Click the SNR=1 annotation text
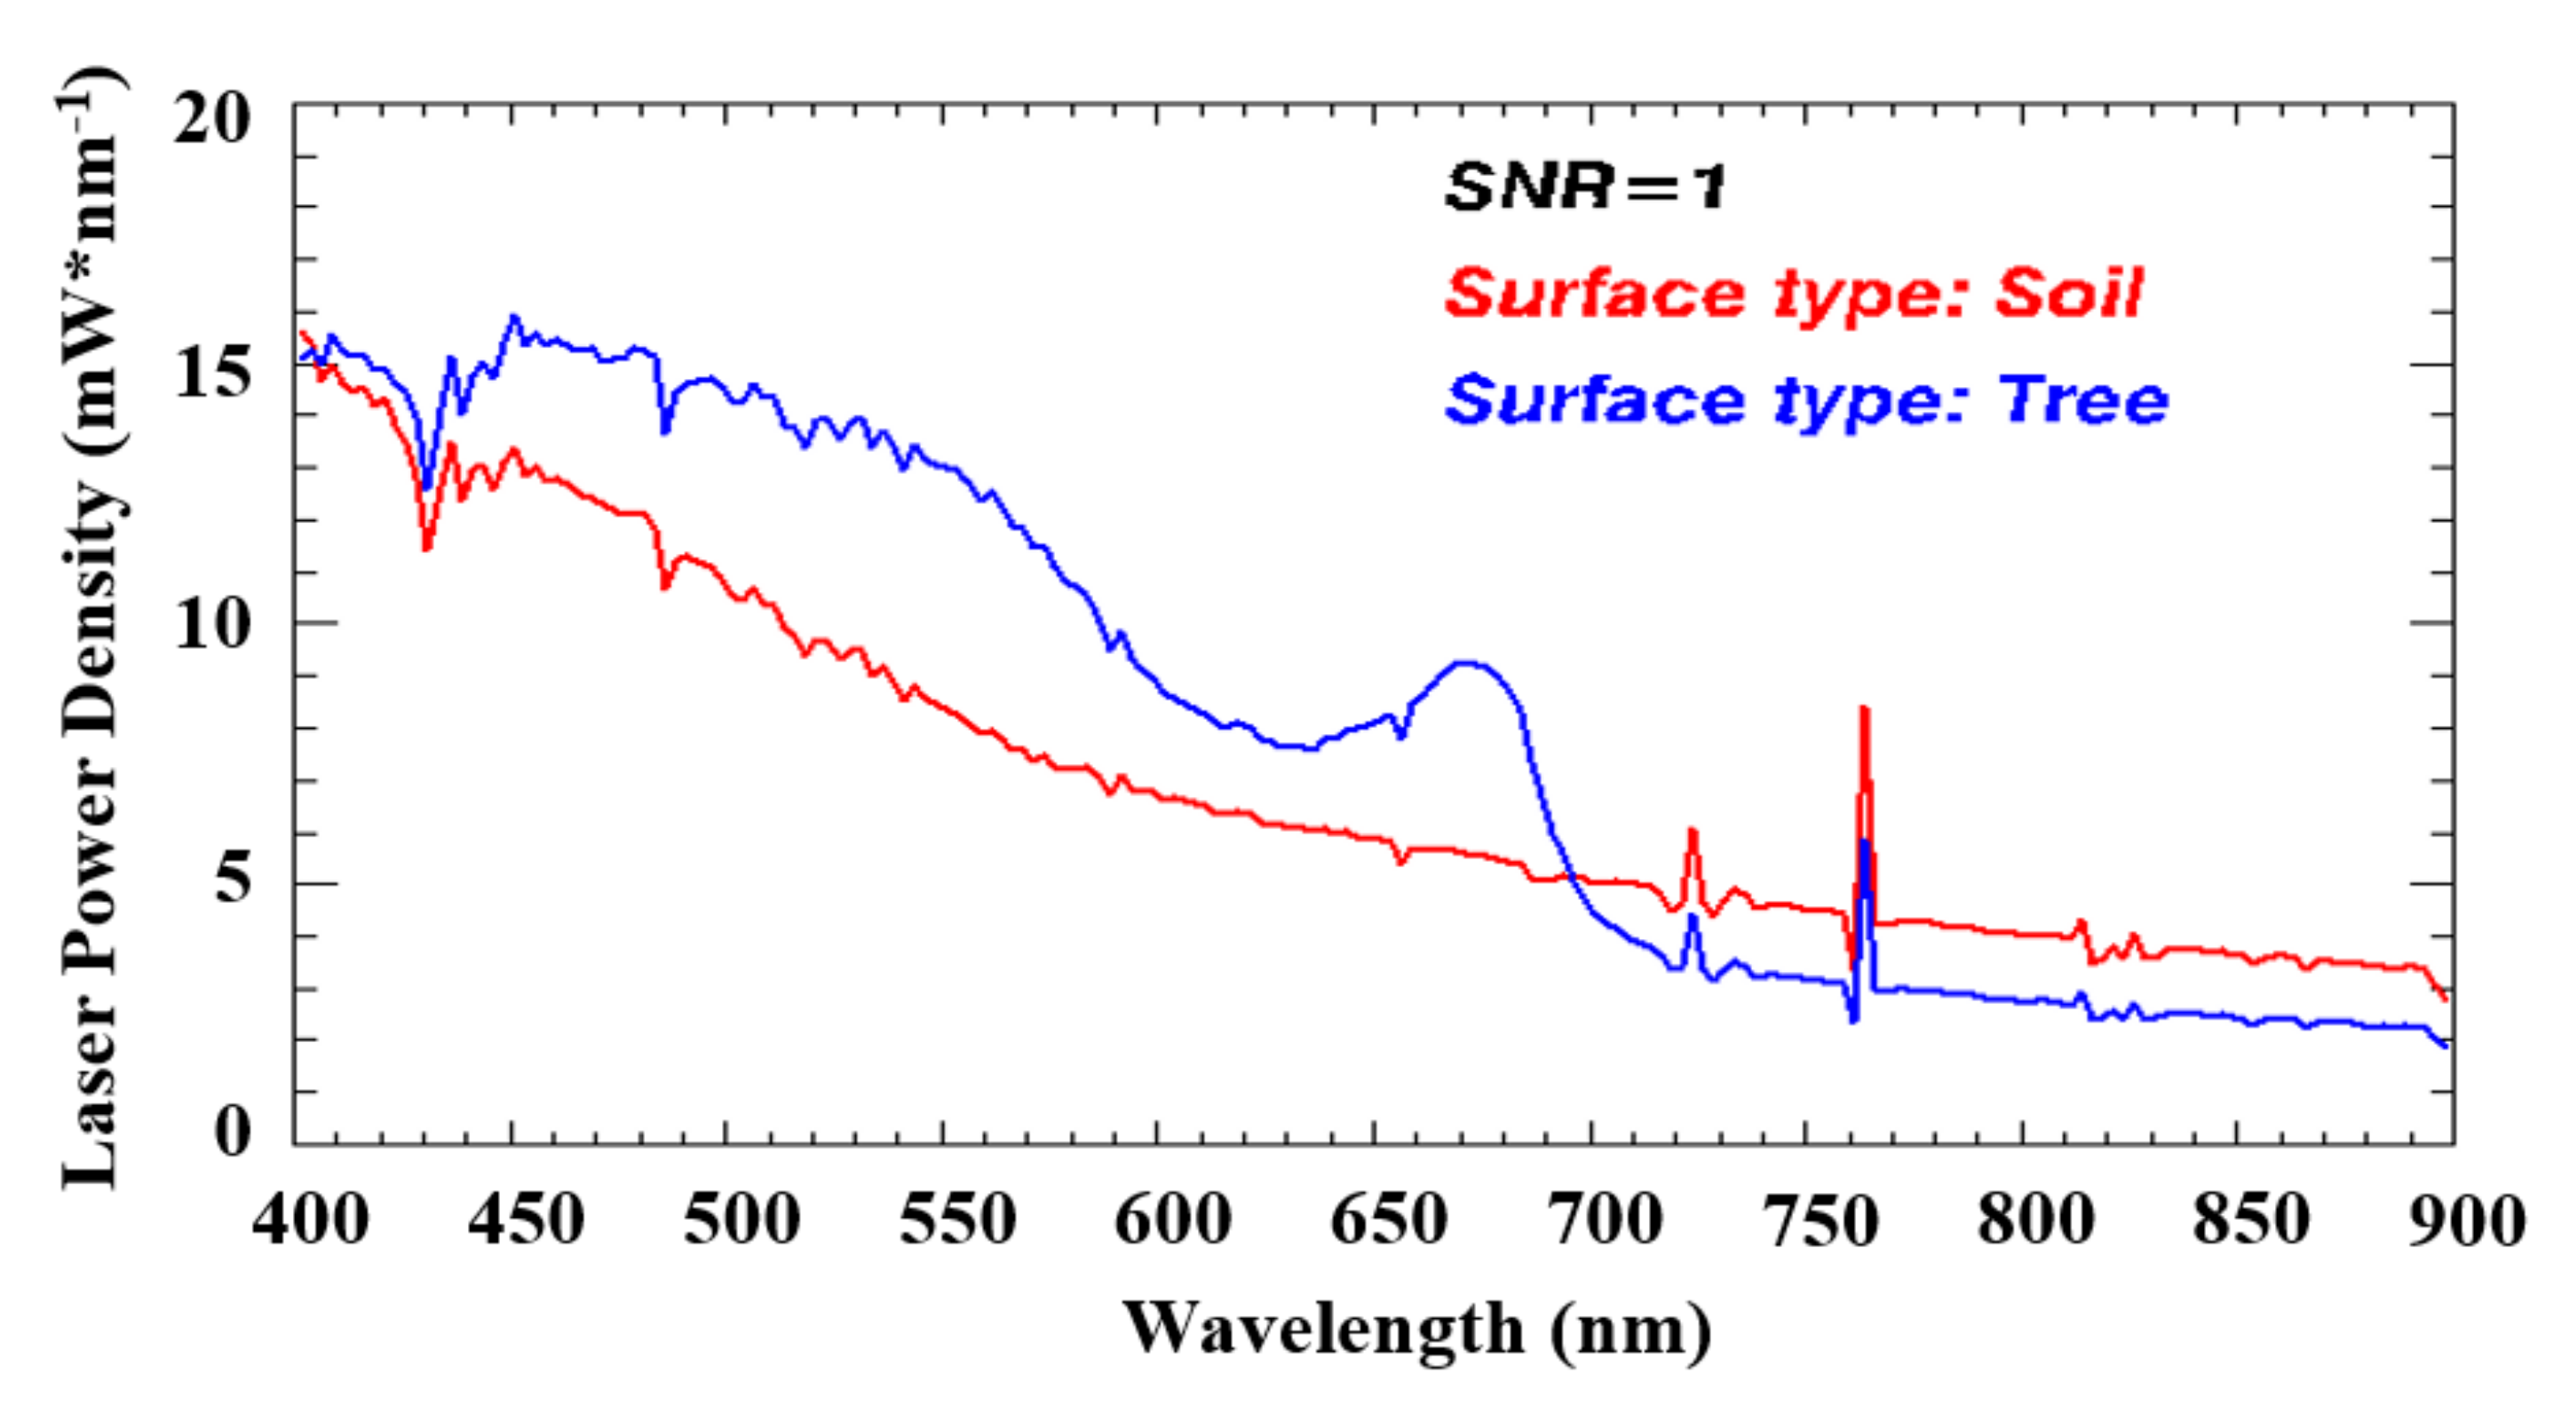[x=1586, y=186]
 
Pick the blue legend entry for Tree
[x=1806, y=401]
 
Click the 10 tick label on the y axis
[x=210, y=625]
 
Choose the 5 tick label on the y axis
[x=232, y=878]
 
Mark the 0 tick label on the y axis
[x=232, y=1131]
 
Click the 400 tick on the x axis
[x=310, y=1220]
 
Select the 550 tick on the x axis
[x=957, y=1220]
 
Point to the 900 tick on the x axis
[x=2465, y=1220]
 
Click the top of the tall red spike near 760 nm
[x=1863, y=710]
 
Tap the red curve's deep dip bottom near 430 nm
[x=427, y=548]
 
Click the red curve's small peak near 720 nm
[x=1693, y=831]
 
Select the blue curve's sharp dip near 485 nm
[x=665, y=430]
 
